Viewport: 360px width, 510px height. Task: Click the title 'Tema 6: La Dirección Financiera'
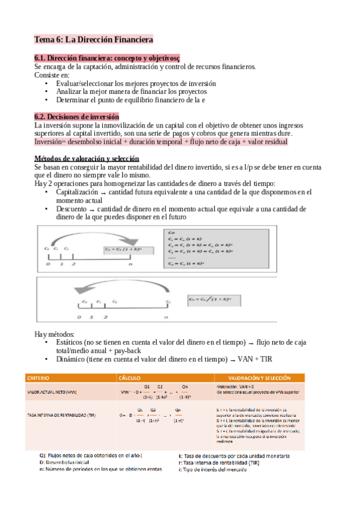[x=93, y=40]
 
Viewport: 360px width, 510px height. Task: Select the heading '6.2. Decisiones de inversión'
[x=76, y=116]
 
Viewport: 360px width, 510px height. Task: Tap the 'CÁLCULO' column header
[x=131, y=378]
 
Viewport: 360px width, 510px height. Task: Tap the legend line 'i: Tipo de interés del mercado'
[x=219, y=470]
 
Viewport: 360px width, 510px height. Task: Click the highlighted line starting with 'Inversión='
[x=160, y=141]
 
